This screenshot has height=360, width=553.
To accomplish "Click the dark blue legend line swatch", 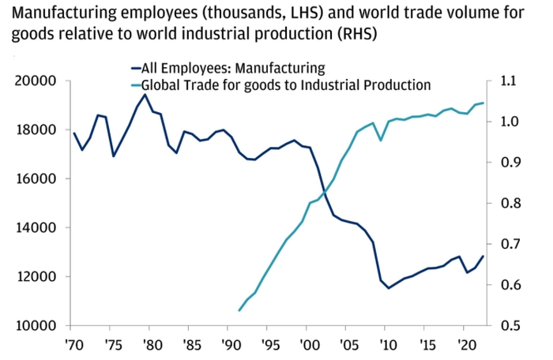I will [134, 68].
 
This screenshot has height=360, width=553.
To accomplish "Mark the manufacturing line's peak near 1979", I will [145, 95].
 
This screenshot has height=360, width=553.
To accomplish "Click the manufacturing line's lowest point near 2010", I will [389, 288].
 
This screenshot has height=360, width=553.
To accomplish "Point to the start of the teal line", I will [239, 310].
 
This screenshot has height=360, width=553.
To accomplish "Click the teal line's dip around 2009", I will [381, 141].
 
